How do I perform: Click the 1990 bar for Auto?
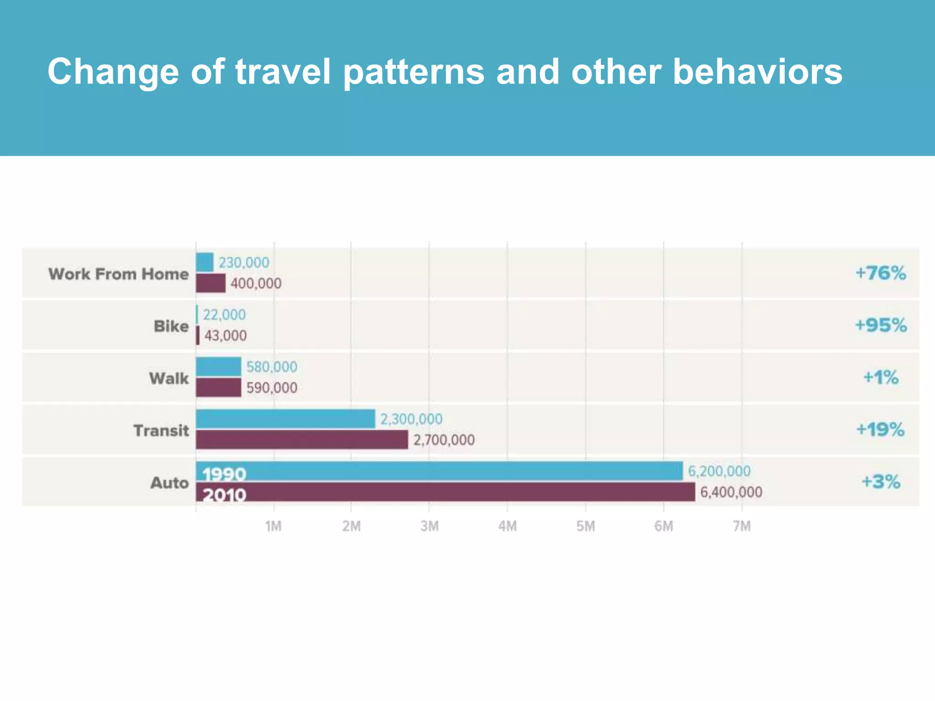439,471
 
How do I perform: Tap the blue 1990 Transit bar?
285,419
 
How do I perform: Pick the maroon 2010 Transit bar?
302,440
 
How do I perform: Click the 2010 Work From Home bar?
210,283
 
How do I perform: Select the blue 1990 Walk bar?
218,367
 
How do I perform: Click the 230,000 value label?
244,263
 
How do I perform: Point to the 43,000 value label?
226,336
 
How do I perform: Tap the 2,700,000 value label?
444,440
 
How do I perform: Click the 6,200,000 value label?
719,471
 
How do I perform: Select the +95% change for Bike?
881,326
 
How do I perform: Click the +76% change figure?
881,273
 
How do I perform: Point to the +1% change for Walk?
881,378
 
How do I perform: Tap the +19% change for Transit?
881,430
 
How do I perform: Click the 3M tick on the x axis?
429,527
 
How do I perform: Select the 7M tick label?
742,527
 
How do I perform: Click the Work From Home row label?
118,274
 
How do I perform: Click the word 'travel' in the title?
283,72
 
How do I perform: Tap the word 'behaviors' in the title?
757,72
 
